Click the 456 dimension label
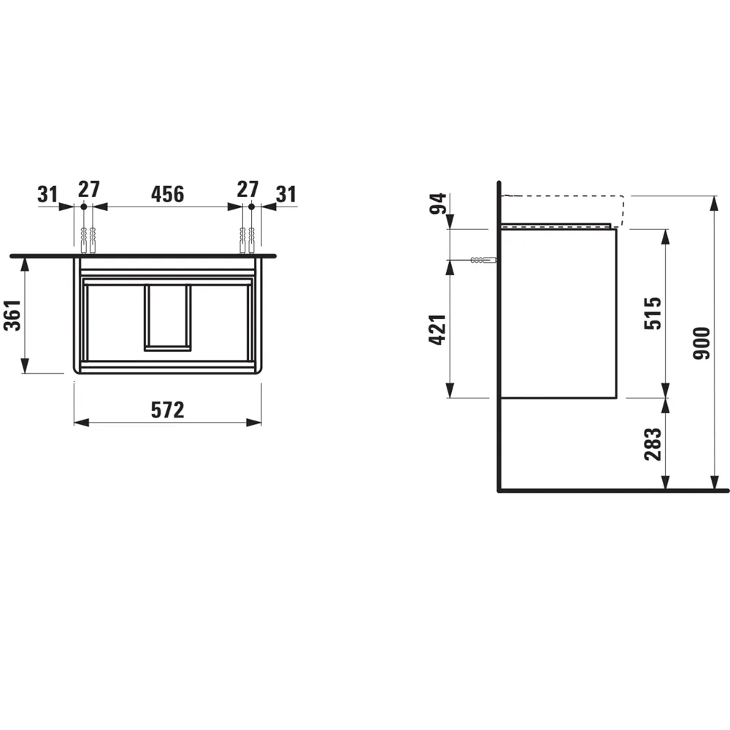167,193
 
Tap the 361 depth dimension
12,315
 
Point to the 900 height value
702,343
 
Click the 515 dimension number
653,313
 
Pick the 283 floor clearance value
653,445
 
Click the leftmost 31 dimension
48,193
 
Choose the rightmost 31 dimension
286,193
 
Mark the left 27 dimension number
88,189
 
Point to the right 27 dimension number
247,189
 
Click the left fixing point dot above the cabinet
84,207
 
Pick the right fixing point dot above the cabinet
250,207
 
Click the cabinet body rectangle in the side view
558,314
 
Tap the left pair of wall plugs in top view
88,239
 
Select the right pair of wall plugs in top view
247,239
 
